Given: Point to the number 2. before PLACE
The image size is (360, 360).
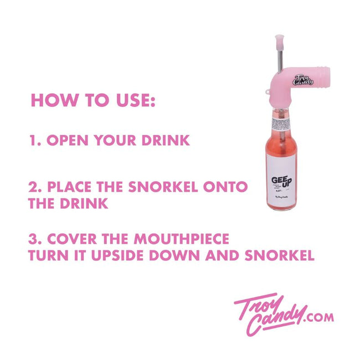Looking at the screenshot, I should click(35, 187).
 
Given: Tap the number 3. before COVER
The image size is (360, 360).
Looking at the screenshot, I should click(36, 240).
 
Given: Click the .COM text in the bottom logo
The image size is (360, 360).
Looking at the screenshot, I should click(320, 317).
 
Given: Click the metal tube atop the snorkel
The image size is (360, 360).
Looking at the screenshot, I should click(279, 59).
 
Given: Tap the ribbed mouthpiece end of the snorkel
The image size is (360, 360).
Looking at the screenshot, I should click(321, 76).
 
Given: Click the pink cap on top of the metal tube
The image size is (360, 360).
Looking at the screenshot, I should click(279, 41).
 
